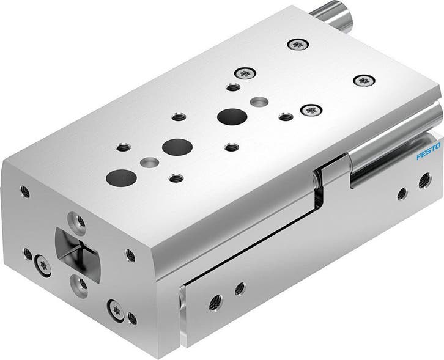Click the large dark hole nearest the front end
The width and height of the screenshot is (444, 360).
[x=121, y=177]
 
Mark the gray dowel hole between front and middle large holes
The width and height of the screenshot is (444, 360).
[x=147, y=163]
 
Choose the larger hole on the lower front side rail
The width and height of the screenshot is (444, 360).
[x=215, y=301]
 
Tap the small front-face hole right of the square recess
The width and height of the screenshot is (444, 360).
[x=130, y=255]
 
